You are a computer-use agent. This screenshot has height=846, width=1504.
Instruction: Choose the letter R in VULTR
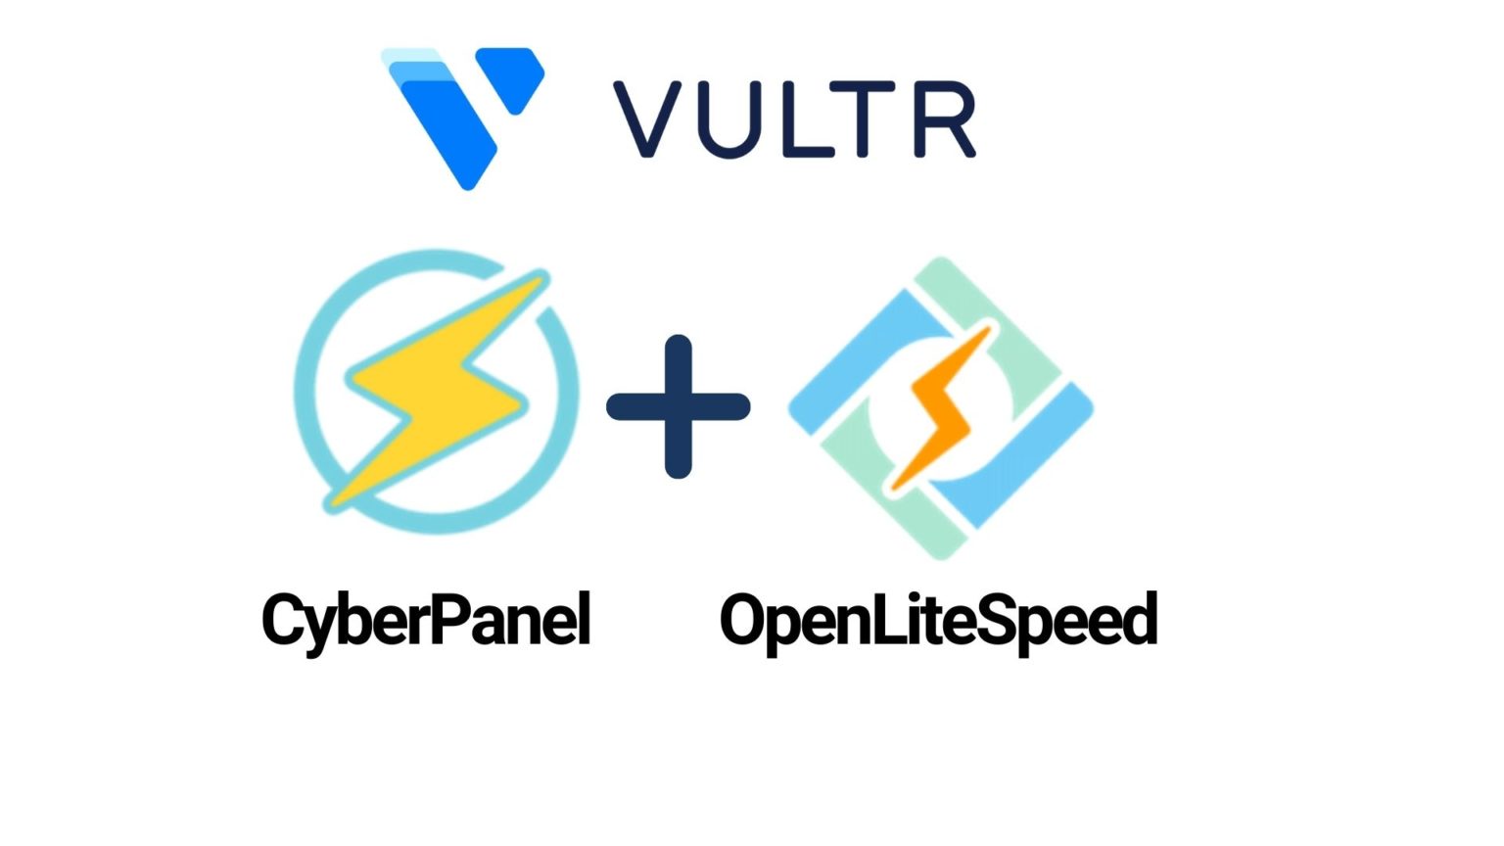click(945, 119)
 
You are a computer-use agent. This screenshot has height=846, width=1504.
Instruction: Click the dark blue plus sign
click(679, 406)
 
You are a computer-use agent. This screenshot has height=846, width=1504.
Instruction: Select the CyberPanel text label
click(426, 619)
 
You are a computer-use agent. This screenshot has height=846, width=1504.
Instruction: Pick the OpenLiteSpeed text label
click(938, 621)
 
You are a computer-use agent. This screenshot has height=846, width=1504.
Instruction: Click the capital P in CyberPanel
click(451, 618)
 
